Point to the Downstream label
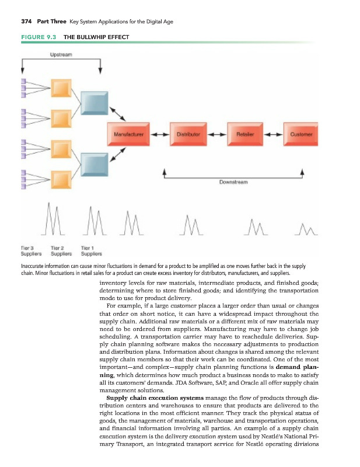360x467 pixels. click(234, 182)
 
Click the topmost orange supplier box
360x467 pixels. click(60, 88)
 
